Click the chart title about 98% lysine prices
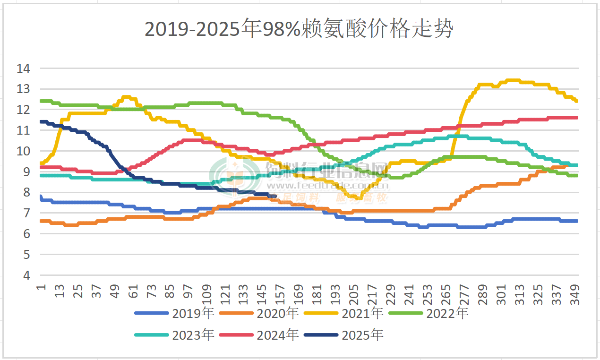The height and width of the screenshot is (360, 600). (299, 29)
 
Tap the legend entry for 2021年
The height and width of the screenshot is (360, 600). (362, 313)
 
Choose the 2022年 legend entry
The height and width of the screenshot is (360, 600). (447, 313)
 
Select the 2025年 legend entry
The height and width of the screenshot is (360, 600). (362, 335)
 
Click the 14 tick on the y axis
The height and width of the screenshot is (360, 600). (23, 69)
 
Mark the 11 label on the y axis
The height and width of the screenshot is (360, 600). (23, 130)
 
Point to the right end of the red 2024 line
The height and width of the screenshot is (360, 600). (577, 118)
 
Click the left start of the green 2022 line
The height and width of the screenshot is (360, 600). (41, 101)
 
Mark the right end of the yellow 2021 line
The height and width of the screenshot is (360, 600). (577, 101)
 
